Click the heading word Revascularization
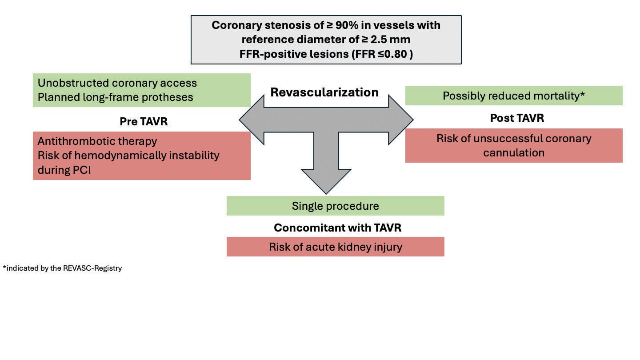click(x=324, y=92)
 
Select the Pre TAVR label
click(x=144, y=121)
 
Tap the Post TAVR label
click(x=517, y=118)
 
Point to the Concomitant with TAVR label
click(x=337, y=228)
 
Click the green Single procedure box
click(x=335, y=206)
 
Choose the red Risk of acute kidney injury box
click(x=335, y=247)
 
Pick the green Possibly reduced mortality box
click(x=513, y=96)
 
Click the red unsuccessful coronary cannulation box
click(x=513, y=145)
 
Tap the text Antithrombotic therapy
click(x=97, y=141)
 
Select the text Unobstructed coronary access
click(x=117, y=83)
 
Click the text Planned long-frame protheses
click(x=116, y=97)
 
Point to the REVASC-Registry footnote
click(x=62, y=268)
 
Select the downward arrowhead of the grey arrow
click(x=326, y=182)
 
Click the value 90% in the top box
click(x=344, y=25)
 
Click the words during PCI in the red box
click(x=64, y=170)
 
